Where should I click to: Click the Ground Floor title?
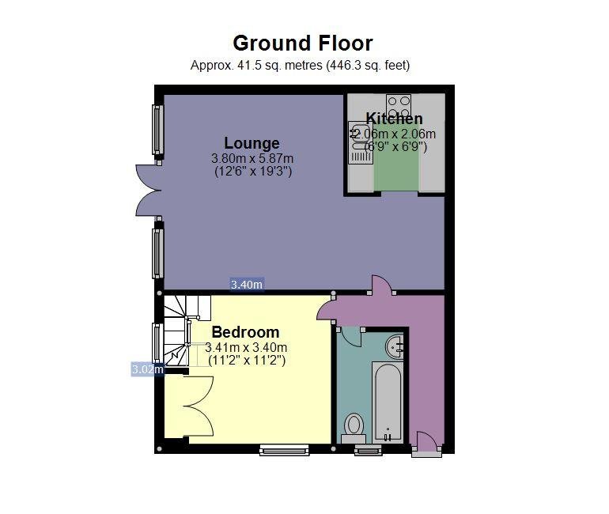[303, 43]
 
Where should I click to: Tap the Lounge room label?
[252, 143]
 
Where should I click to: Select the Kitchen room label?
[394, 119]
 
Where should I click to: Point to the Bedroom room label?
[245, 332]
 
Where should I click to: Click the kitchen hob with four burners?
[399, 106]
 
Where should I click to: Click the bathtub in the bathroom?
[387, 403]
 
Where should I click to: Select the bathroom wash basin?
[395, 346]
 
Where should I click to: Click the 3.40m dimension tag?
[247, 285]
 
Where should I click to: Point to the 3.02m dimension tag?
[148, 368]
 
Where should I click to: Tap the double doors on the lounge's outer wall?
[149, 191]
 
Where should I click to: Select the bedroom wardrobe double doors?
[199, 406]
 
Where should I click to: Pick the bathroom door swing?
[349, 336]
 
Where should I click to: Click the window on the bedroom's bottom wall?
[285, 450]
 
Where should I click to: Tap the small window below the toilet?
[369, 450]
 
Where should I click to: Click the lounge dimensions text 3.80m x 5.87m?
[252, 158]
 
